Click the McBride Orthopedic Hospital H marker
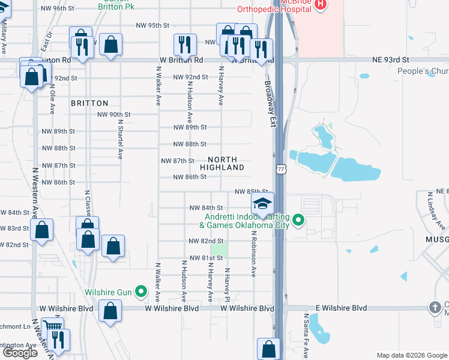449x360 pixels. [x=320, y=4]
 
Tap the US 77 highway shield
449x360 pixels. [x=280, y=170]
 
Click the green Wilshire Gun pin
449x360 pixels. [x=142, y=293]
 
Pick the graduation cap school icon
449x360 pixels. [x=262, y=204]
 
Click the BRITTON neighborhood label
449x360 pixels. [x=89, y=103]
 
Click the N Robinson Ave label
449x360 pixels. [x=253, y=254]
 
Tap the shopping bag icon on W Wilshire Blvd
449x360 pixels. [x=110, y=311]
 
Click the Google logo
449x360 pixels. [x=20, y=353]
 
